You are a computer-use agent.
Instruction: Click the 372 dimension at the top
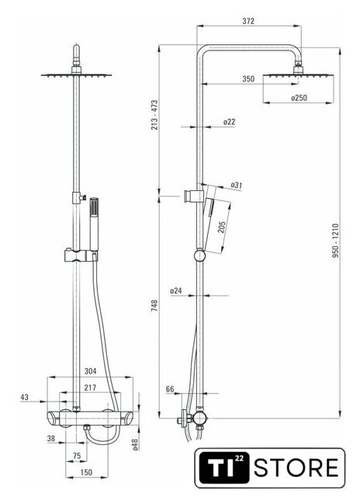click(248, 21)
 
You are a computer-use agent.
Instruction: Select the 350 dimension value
click(248, 78)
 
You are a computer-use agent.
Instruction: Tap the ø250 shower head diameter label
click(299, 98)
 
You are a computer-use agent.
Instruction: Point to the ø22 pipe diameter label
click(229, 122)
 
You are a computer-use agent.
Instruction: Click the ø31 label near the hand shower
click(236, 185)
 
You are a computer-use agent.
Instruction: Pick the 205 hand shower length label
click(221, 227)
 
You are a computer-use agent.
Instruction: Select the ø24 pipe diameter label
click(176, 290)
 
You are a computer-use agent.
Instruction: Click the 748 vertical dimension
click(154, 305)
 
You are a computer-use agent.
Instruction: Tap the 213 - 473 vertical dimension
click(154, 115)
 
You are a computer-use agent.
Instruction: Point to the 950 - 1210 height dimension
click(336, 241)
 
